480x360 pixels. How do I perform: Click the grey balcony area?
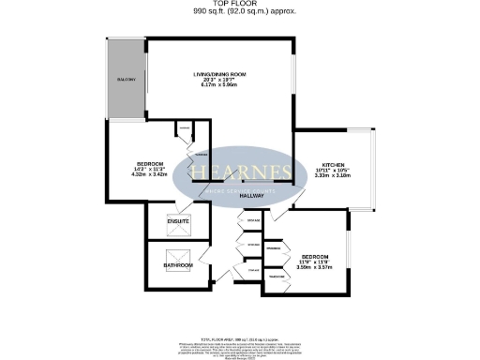125,81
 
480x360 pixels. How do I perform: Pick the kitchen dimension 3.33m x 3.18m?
334,174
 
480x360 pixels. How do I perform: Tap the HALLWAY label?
250,195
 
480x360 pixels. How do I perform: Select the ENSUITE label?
178,221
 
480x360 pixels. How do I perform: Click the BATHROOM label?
178,266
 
